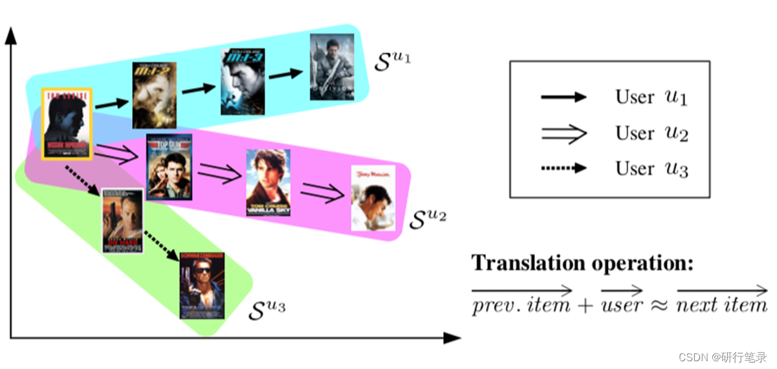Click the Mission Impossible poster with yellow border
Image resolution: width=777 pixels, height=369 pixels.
click(67, 124)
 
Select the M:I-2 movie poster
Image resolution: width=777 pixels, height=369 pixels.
click(155, 95)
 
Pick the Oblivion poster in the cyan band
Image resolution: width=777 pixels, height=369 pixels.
click(332, 67)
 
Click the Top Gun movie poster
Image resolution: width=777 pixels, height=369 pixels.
click(170, 166)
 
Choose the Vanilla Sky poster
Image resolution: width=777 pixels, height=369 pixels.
click(268, 182)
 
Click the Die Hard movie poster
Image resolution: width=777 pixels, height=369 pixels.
click(122, 221)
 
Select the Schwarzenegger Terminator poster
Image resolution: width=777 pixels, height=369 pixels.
click(202, 285)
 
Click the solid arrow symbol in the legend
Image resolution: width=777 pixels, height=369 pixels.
click(563, 97)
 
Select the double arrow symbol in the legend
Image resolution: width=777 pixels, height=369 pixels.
click(563, 133)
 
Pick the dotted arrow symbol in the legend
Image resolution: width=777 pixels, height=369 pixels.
click(563, 168)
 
